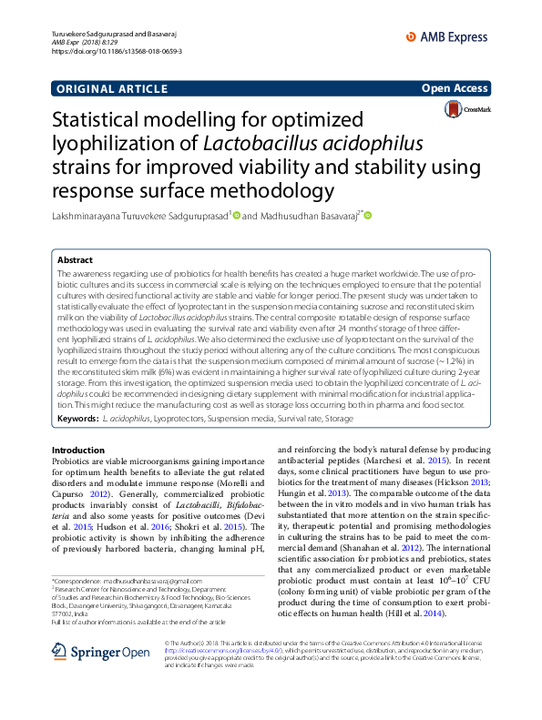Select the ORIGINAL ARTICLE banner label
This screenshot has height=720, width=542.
tap(112, 88)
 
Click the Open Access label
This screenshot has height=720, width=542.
tap(456, 88)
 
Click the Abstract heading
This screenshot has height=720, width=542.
tap(75, 259)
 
